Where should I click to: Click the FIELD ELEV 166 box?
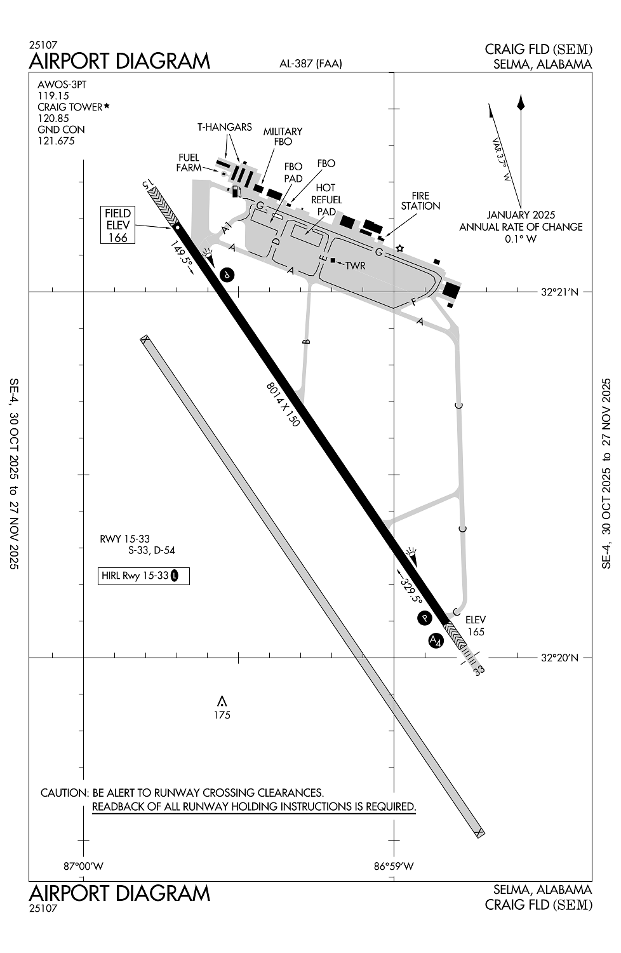pos(118,225)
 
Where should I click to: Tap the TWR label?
pos(356,266)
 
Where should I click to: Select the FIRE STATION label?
pos(420,201)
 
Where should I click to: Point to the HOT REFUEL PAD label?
pos(326,199)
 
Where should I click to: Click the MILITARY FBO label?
pos(283,137)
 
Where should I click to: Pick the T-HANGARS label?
pos(224,127)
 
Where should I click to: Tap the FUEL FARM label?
pos(189,163)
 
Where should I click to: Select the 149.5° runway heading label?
pos(182,256)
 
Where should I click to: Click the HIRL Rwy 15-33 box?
pos(144,576)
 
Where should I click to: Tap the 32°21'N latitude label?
pos(560,292)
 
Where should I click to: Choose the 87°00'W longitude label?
pos(84,865)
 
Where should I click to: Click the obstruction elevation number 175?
pos(222,715)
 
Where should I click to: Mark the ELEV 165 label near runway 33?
pos(476,626)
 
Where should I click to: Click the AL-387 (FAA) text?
pos(310,63)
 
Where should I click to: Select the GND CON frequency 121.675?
pos(57,141)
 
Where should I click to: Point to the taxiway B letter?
pos(306,342)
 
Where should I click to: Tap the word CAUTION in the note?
pos(63,793)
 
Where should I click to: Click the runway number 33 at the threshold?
pos(479,669)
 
